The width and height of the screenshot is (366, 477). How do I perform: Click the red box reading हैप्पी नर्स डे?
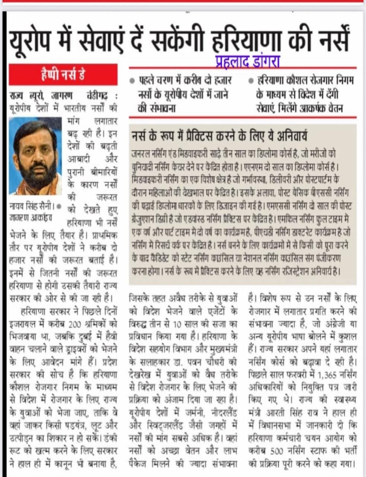tap(63, 75)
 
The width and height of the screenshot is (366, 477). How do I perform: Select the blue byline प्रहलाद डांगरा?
tap(247, 61)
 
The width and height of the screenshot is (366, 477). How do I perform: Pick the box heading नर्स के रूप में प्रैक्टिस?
tap(220, 136)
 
